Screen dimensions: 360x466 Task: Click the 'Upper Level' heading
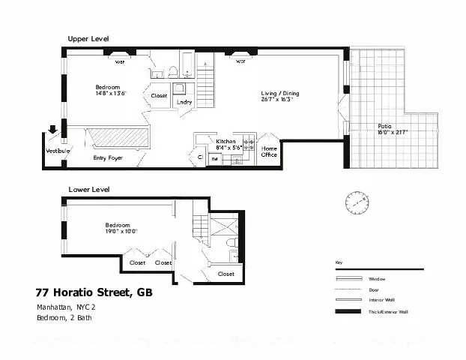pyautogui.click(x=88, y=38)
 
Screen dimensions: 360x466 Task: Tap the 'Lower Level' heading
pyautogui.click(x=89, y=190)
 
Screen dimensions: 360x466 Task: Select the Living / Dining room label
pyautogui.click(x=279, y=94)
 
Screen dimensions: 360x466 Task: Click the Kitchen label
pyautogui.click(x=226, y=141)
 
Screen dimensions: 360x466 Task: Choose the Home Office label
pyautogui.click(x=269, y=151)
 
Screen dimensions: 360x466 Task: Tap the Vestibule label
pyautogui.click(x=58, y=151)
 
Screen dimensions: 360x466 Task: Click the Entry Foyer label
pyautogui.click(x=108, y=158)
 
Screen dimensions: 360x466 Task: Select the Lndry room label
pyautogui.click(x=184, y=102)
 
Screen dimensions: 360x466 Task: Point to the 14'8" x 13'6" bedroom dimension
pyautogui.click(x=110, y=94)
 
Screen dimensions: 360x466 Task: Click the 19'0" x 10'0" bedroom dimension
pyautogui.click(x=121, y=232)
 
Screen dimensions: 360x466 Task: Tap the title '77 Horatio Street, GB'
pyautogui.click(x=94, y=292)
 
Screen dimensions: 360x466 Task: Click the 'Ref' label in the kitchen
pyautogui.click(x=214, y=158)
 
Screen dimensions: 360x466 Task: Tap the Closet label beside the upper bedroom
pyautogui.click(x=159, y=96)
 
